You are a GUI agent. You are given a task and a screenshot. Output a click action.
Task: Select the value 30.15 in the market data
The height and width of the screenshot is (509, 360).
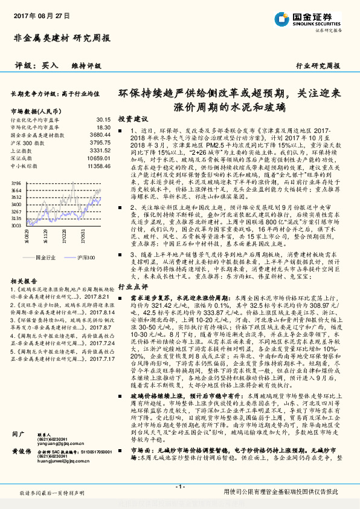[x=103, y=120]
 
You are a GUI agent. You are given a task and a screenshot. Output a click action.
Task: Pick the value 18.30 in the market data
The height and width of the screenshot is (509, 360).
[x=103, y=128]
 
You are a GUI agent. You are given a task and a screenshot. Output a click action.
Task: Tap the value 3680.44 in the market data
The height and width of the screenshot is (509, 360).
[x=101, y=135]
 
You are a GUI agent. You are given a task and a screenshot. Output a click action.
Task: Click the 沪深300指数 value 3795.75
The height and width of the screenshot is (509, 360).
[x=101, y=143]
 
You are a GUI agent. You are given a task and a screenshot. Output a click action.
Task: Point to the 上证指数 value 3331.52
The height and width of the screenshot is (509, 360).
[x=101, y=150]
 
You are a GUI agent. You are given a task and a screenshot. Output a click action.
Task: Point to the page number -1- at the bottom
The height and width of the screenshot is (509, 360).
[x=179, y=487]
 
